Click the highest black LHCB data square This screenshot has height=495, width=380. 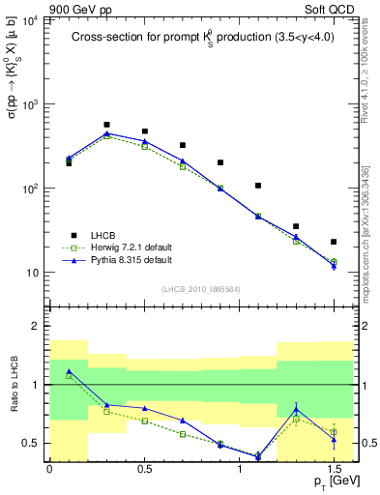(x=106, y=125)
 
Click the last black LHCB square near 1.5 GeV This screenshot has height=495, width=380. (x=334, y=242)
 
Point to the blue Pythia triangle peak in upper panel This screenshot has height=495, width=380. (x=106, y=134)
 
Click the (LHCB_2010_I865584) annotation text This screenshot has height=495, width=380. (x=201, y=288)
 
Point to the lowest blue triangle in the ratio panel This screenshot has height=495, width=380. (x=258, y=455)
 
